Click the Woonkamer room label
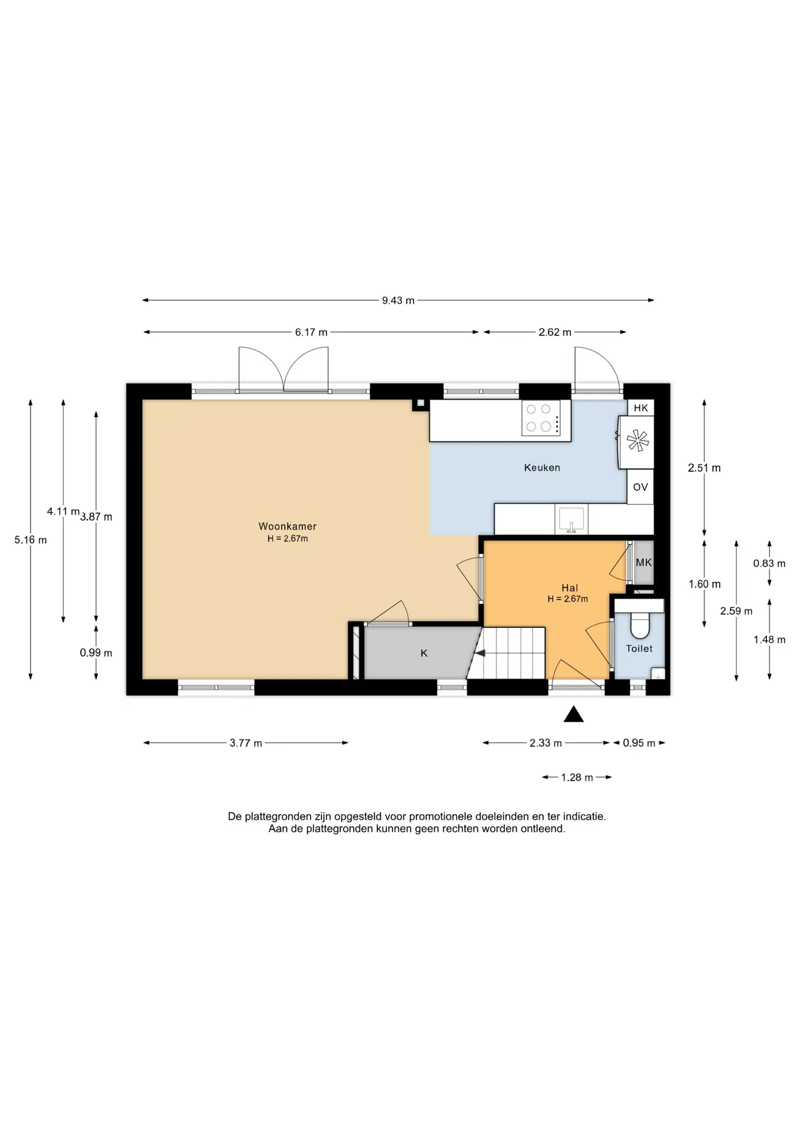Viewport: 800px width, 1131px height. click(287, 526)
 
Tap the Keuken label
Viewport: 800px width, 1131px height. click(542, 468)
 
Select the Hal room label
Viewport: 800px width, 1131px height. click(570, 588)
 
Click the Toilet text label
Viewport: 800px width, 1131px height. click(639, 649)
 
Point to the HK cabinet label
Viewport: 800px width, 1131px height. click(641, 408)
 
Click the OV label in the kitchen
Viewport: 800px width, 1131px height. click(640, 487)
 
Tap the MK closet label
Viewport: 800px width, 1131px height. click(644, 563)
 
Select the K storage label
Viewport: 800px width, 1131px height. click(424, 653)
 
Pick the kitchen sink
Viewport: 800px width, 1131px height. click(571, 519)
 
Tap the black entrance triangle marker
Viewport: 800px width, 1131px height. click(574, 715)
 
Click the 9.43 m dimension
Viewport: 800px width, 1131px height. click(398, 300)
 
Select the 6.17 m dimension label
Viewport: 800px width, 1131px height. click(311, 332)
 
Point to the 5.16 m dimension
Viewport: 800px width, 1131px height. click(31, 540)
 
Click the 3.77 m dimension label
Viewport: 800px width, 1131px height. click(246, 743)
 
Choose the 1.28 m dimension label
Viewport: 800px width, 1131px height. click(577, 778)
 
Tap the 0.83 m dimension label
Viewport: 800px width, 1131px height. click(769, 564)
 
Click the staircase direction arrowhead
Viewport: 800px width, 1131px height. click(480, 653)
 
